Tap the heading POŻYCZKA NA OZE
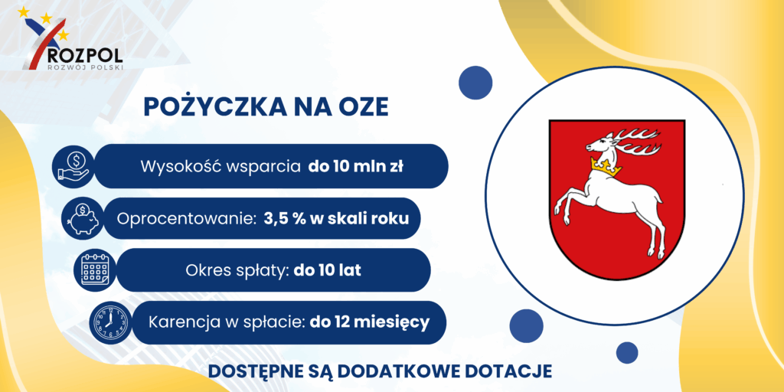point(266,107)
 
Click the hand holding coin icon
point(73,166)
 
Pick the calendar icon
point(95,270)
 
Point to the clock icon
point(109,322)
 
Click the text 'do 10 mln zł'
point(356,166)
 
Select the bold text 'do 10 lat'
point(328,270)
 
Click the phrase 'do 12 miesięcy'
point(370,322)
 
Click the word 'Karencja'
point(184,323)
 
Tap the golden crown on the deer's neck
point(606,166)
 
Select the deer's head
point(602,145)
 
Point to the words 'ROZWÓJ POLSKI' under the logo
point(84,67)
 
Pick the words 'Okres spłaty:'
point(237,270)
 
